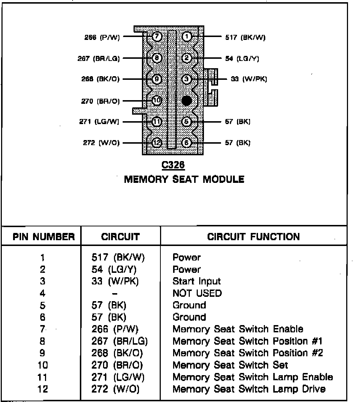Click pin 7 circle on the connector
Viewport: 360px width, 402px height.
click(156, 37)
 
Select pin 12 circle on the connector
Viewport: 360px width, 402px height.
click(156, 143)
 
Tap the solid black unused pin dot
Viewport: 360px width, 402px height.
click(187, 101)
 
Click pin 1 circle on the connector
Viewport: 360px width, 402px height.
click(187, 37)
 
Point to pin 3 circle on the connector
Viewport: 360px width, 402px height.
click(187, 79)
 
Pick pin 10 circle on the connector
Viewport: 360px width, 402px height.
click(156, 101)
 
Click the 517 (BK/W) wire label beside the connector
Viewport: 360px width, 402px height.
click(245, 37)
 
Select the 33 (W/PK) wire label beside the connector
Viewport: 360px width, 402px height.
click(249, 79)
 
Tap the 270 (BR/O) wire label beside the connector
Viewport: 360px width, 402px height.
click(100, 101)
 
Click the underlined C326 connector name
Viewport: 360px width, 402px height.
click(173, 165)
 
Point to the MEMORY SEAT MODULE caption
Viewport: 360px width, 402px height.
click(184, 179)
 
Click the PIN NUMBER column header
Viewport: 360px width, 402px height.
click(44, 237)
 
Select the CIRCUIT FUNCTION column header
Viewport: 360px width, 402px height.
click(254, 237)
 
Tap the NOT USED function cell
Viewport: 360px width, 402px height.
click(197, 293)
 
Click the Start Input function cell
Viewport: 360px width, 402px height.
click(197, 281)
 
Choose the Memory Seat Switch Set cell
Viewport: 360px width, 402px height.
click(230, 365)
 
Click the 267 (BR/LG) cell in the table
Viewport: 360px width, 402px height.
click(120, 341)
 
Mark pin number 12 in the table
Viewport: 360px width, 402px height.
click(42, 389)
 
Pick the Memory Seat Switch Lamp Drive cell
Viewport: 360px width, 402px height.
click(249, 389)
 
